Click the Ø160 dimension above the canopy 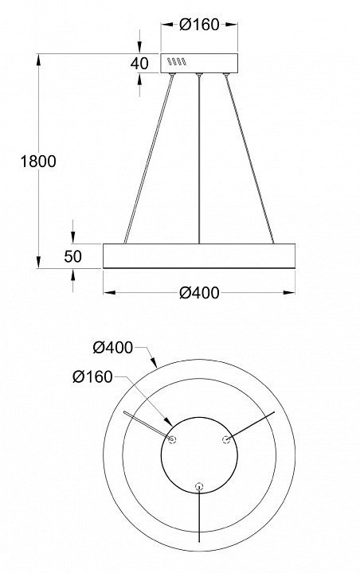(x=199, y=25)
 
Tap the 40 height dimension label (x=139, y=63)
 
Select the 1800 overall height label (x=38, y=161)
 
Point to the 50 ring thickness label (x=72, y=256)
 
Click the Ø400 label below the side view (x=199, y=293)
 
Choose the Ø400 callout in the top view (x=112, y=347)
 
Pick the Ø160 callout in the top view (x=92, y=376)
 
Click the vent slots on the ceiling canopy (x=177, y=62)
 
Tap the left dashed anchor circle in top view (x=172, y=439)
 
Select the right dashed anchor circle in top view (x=226, y=439)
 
